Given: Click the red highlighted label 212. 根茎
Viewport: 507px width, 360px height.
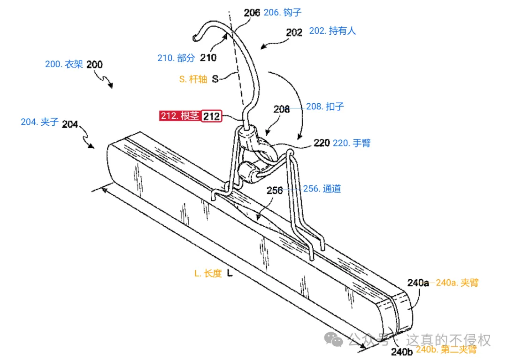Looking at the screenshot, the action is [180, 115].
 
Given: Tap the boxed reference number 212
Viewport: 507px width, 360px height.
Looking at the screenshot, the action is [211, 116].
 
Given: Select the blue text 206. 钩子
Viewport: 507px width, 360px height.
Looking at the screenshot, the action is [283, 13].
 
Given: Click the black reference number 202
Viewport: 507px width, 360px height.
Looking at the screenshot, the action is [294, 32].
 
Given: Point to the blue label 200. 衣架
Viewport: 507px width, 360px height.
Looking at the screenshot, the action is [64, 64].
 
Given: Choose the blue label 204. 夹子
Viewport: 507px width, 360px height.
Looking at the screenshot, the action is [39, 122].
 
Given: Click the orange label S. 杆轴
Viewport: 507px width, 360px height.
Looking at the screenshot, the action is [193, 79].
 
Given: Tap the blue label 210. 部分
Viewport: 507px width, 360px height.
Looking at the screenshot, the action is [176, 58].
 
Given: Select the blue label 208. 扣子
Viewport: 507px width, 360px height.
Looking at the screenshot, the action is [325, 107].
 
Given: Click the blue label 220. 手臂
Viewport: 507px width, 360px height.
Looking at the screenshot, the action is [352, 143].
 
